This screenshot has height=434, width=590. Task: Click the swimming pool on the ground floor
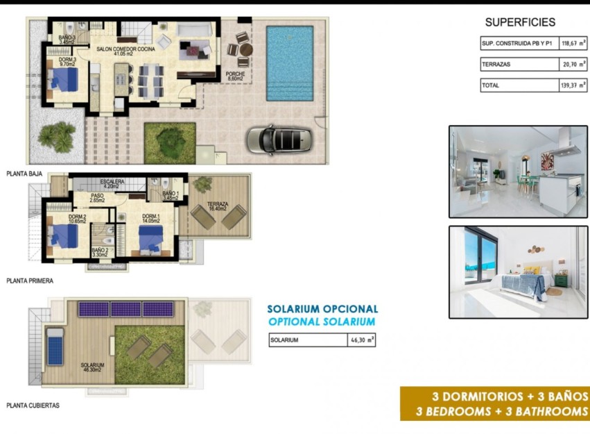[290, 62]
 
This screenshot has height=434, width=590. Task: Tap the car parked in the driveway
[279, 139]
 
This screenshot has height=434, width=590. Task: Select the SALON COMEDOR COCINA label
[125, 49]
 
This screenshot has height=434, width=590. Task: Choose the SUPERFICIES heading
[520, 22]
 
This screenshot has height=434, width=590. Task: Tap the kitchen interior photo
[518, 172]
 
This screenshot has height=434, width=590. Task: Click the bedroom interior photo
[518, 272]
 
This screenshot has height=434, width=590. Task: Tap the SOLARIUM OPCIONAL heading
[323, 309]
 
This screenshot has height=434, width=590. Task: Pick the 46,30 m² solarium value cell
[361, 340]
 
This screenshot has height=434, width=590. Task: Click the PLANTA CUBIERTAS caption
[33, 405]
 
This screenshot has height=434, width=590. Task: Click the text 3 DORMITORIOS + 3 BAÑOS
[510, 397]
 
